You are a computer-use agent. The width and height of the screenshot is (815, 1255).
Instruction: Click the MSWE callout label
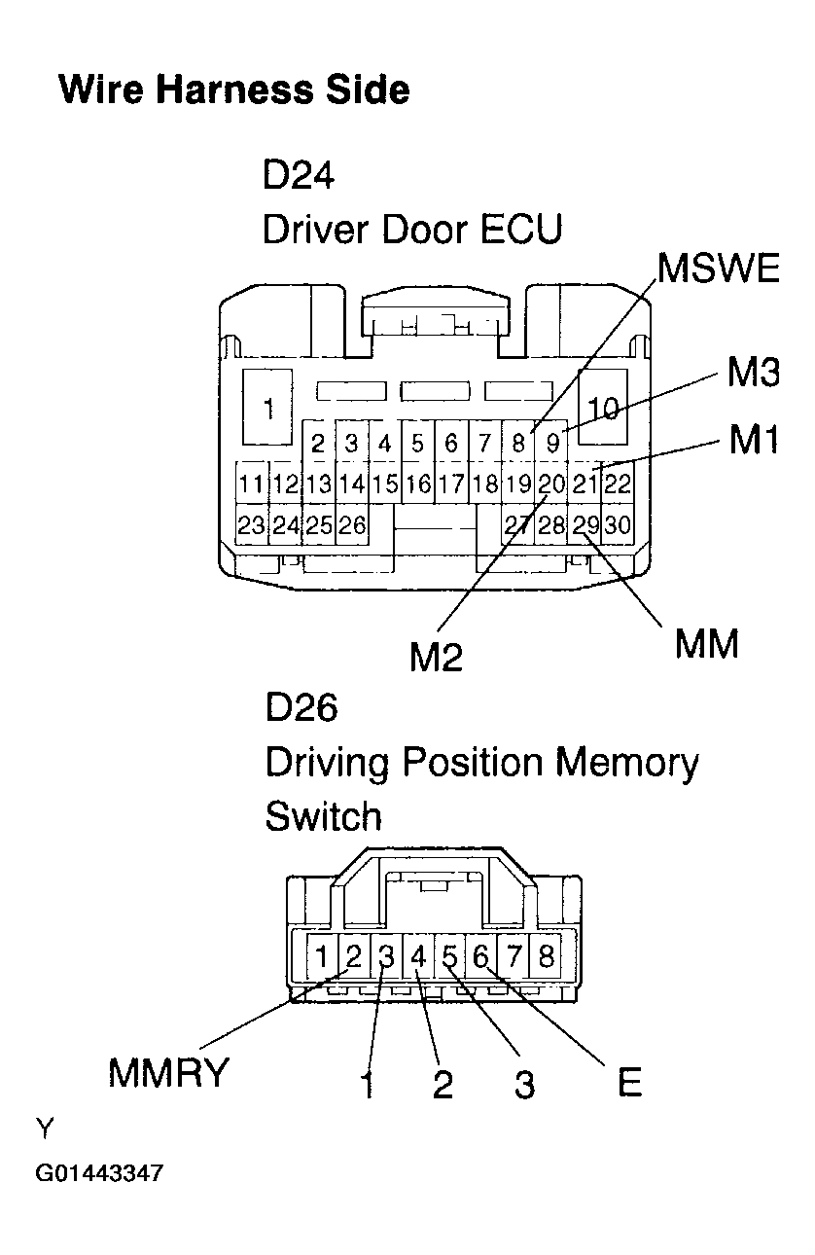pos(719,268)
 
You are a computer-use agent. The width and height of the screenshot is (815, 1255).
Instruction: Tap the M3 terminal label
pos(753,372)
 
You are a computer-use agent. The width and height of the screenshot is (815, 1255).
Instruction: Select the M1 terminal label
pos(754,441)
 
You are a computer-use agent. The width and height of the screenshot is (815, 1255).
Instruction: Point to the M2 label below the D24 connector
pos(436,658)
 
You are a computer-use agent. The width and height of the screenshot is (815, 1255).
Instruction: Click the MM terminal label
pos(707,643)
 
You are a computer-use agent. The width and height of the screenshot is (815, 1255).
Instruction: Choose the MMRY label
pos(168,1073)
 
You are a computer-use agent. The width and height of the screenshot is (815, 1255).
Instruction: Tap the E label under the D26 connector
pos(630,1083)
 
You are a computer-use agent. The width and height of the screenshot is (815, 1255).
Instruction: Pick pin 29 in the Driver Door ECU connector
pos(585,525)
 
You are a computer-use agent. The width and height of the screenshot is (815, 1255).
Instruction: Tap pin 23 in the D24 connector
pos(251,525)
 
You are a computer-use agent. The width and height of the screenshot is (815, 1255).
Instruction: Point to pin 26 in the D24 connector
pos(351,525)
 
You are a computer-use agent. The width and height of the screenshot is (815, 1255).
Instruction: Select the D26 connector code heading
pos(301,707)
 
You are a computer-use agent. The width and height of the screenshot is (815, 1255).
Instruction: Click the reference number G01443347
pos(99,1173)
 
